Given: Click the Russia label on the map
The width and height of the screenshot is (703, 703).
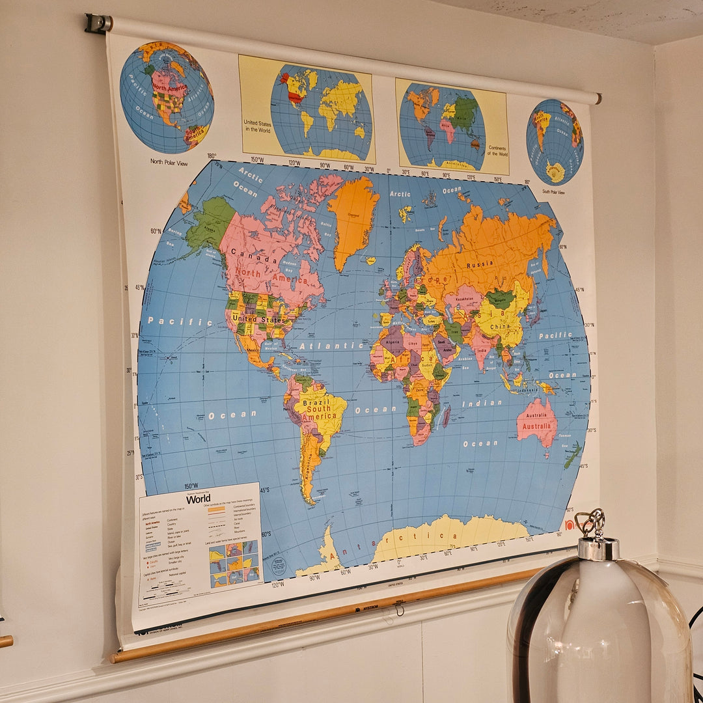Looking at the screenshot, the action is [x=480, y=265].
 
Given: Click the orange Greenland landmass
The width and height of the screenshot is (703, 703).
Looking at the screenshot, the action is [x=352, y=218].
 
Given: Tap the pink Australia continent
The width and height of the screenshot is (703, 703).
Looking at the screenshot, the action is [x=537, y=422].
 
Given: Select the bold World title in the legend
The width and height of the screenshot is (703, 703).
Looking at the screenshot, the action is [x=199, y=499].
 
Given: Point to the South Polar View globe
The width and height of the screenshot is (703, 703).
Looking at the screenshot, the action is [x=555, y=141].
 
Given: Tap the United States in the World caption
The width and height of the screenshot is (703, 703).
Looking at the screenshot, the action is [x=256, y=125].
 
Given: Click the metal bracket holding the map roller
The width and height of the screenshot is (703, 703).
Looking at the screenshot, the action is [x=98, y=23].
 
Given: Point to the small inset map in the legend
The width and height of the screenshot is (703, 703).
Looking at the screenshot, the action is [x=234, y=564].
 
